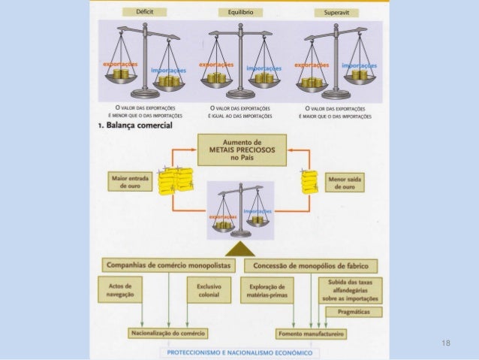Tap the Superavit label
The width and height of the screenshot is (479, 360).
(335, 13)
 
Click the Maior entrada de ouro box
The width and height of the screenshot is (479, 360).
(128, 183)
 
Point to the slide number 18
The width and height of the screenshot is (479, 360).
(447, 343)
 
